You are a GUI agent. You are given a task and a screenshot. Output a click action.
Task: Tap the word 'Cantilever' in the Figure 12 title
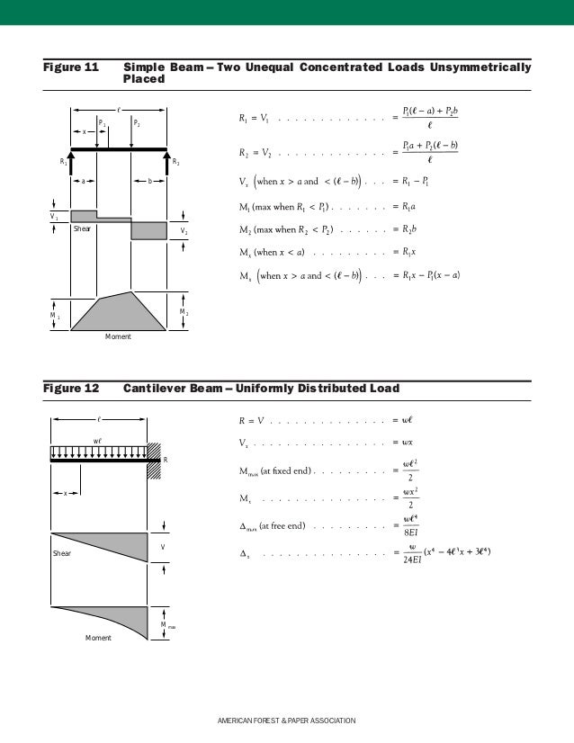coord(154,389)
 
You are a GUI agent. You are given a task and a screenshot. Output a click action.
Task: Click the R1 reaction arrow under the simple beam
coord(72,163)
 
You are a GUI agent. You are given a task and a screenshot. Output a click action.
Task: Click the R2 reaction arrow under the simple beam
coord(166,163)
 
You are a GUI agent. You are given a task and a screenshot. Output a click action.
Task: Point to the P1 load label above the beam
coord(102,121)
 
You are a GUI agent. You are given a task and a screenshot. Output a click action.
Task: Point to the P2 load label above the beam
coord(137,121)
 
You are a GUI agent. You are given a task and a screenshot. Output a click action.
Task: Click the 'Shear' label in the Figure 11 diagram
coord(83,229)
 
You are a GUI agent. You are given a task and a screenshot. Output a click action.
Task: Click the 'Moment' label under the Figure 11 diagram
coord(118,336)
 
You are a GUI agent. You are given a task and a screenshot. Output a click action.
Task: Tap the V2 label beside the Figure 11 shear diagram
coord(184,230)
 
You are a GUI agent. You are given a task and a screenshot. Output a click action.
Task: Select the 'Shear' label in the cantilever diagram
coord(61,553)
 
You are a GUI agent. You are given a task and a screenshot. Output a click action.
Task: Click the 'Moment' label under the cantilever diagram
coord(98,638)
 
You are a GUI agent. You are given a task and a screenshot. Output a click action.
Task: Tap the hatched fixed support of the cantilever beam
coord(153,459)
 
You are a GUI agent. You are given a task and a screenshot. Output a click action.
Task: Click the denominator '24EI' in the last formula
coord(414,565)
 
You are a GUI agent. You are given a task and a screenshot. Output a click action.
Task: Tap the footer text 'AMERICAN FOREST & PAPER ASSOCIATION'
coord(287,721)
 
